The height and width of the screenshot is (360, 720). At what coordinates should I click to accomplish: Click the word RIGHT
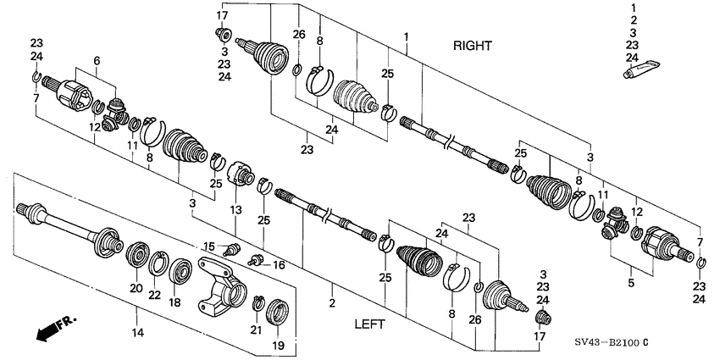pyautogui.click(x=472, y=46)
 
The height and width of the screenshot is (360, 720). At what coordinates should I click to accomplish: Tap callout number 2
pyautogui.click(x=332, y=302)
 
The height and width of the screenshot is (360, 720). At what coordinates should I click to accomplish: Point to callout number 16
pyautogui.click(x=278, y=265)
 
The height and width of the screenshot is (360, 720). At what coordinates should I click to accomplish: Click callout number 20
pyautogui.click(x=135, y=288)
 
